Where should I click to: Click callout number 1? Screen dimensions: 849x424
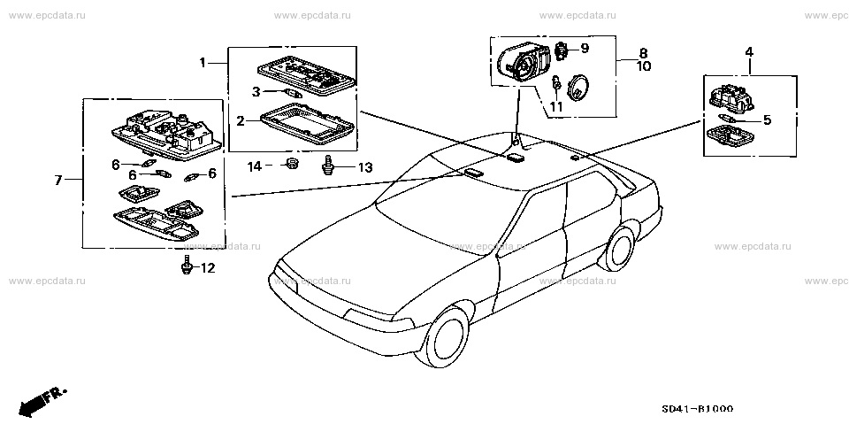[x=203, y=64]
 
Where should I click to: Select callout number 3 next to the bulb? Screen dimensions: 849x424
[x=256, y=92]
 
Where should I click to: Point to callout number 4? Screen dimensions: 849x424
[x=749, y=52]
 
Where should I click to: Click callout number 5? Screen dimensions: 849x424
[x=767, y=119]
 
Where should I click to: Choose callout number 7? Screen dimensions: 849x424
[x=58, y=180]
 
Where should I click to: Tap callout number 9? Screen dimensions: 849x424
[x=585, y=49]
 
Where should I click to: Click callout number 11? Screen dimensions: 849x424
[x=556, y=106]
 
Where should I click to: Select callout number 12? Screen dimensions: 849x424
[x=208, y=268]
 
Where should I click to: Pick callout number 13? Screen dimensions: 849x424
[x=365, y=167]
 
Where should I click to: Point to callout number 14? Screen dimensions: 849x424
[x=255, y=166]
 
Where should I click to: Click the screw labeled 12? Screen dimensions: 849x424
[x=187, y=264]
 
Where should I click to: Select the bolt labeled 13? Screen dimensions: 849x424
[x=327, y=165]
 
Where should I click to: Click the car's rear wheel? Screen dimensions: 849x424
[x=618, y=249]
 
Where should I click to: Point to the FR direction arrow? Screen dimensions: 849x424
[x=40, y=400]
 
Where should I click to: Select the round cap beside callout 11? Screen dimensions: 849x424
[x=578, y=88]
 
